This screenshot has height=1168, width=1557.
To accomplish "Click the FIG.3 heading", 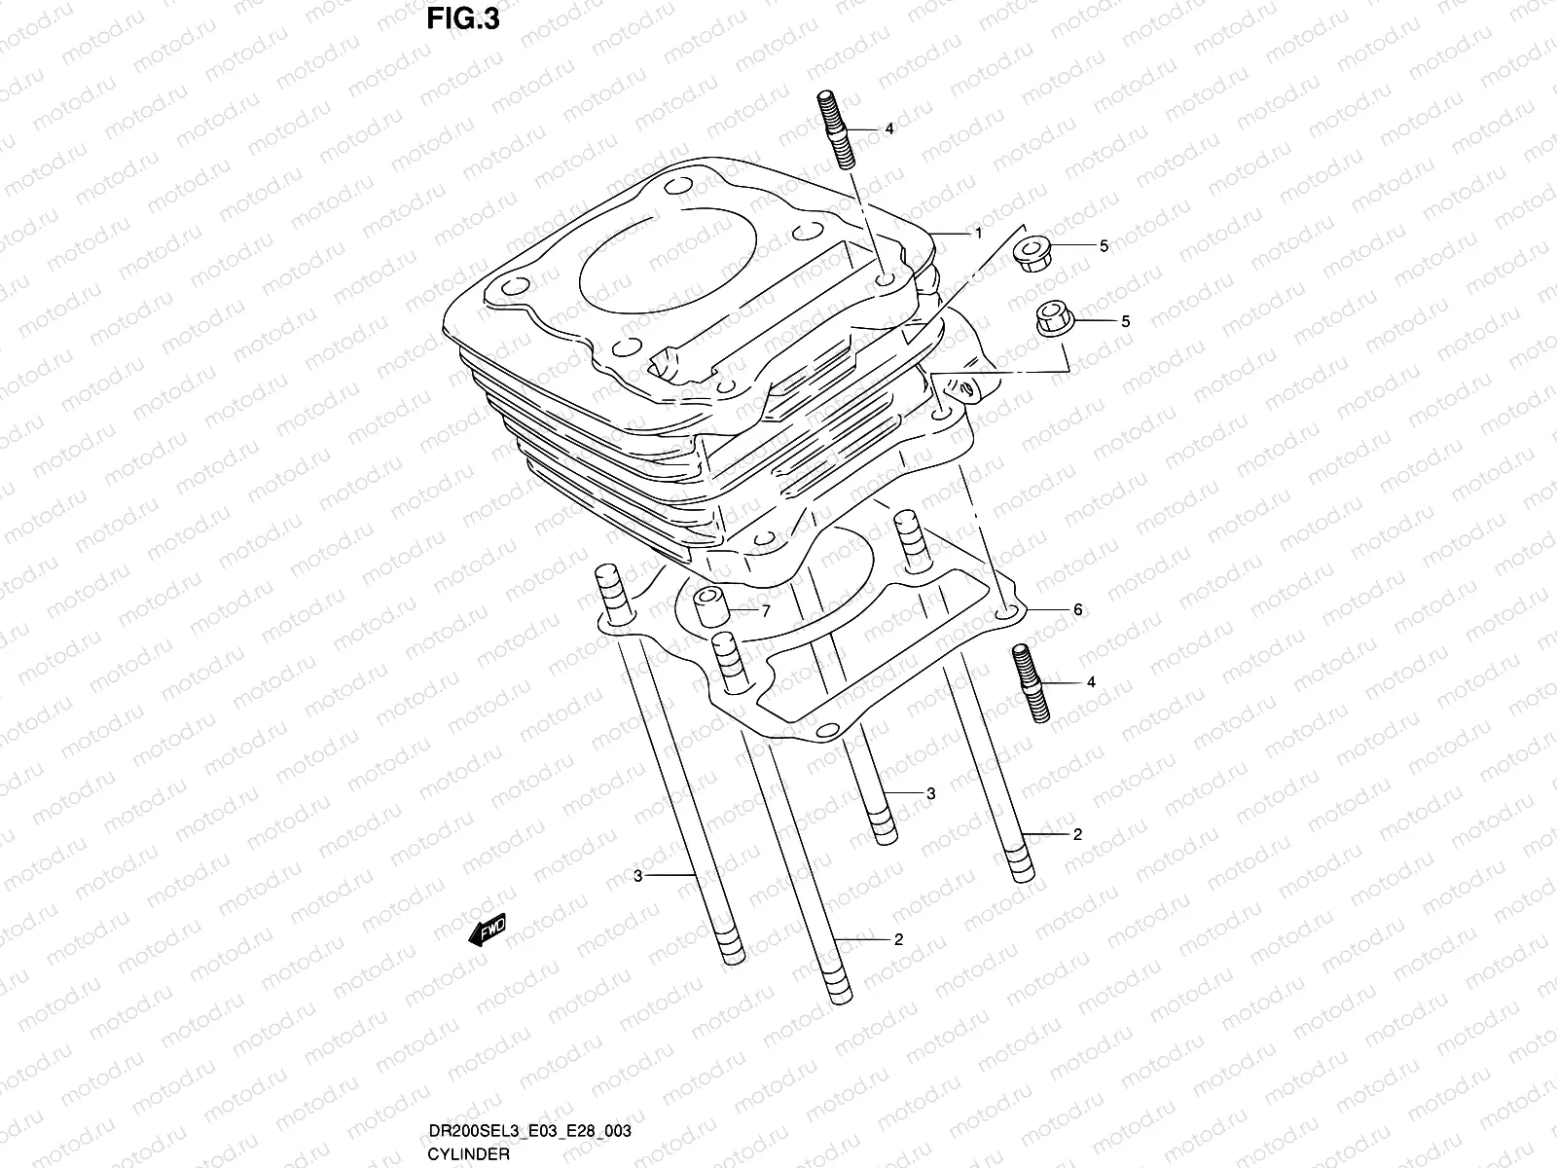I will tap(463, 19).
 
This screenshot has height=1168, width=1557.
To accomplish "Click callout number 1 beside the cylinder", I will tap(979, 234).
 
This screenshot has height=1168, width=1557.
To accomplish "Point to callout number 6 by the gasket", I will tap(1077, 610).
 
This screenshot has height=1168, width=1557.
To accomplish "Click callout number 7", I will tap(766, 611).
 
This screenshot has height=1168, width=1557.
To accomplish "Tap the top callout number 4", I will tap(887, 129).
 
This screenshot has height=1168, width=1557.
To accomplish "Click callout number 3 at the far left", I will tap(637, 876).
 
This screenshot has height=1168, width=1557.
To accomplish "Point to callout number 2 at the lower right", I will tap(1077, 834).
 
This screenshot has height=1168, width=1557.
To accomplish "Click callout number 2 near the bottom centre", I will tap(898, 939).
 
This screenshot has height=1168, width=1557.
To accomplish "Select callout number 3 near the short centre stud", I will tap(930, 794).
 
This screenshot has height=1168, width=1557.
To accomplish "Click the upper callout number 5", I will tap(1104, 246).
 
